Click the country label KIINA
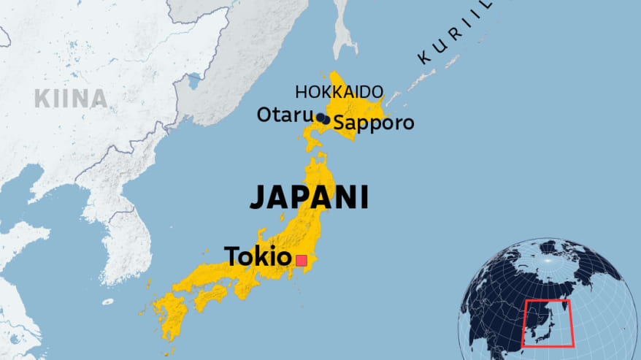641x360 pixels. tap(70, 99)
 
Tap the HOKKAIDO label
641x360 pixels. tap(339, 92)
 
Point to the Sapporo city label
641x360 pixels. tap(374, 123)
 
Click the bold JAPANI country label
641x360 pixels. tap(309, 197)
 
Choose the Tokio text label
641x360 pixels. tap(257, 256)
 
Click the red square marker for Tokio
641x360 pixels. tap(301, 259)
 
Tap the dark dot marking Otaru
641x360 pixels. tap(320, 117)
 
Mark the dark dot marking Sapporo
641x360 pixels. tap(326, 120)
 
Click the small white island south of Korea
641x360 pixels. tap(108, 302)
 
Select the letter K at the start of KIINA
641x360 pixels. tap(41, 99)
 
